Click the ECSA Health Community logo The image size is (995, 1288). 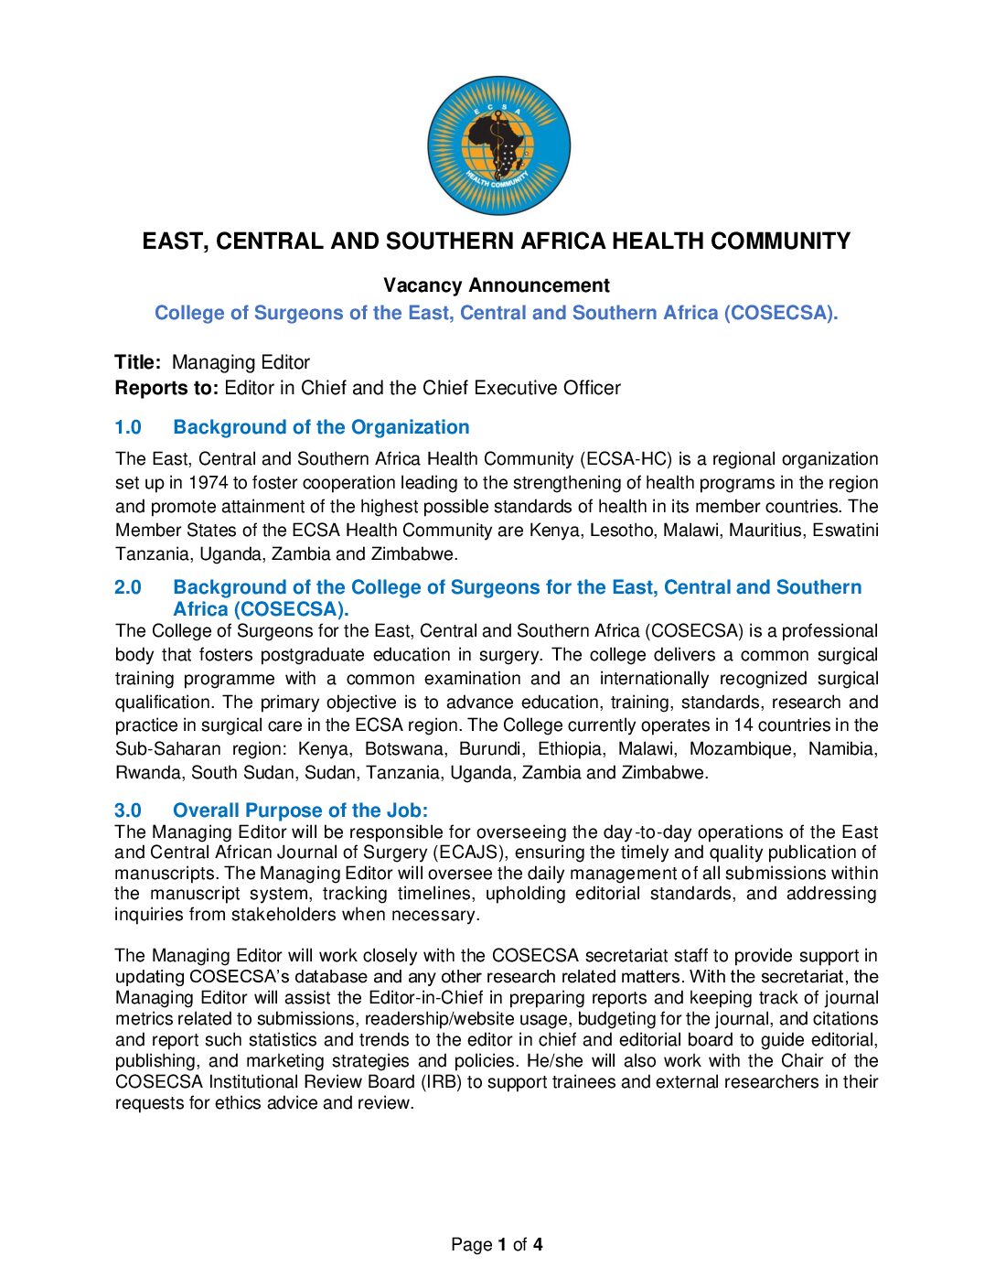(x=498, y=145)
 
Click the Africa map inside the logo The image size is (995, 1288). (x=497, y=146)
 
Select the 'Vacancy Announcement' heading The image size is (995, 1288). (x=497, y=285)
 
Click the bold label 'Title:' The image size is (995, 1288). (x=138, y=362)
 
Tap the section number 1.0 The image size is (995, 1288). (x=128, y=427)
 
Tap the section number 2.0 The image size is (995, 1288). (x=128, y=587)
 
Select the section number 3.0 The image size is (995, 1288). (x=128, y=810)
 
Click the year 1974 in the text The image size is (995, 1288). (x=209, y=483)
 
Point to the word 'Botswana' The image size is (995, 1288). (x=404, y=749)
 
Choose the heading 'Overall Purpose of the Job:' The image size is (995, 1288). (x=300, y=810)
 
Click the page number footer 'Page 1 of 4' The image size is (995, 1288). (x=497, y=1244)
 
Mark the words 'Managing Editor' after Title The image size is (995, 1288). (x=241, y=362)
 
